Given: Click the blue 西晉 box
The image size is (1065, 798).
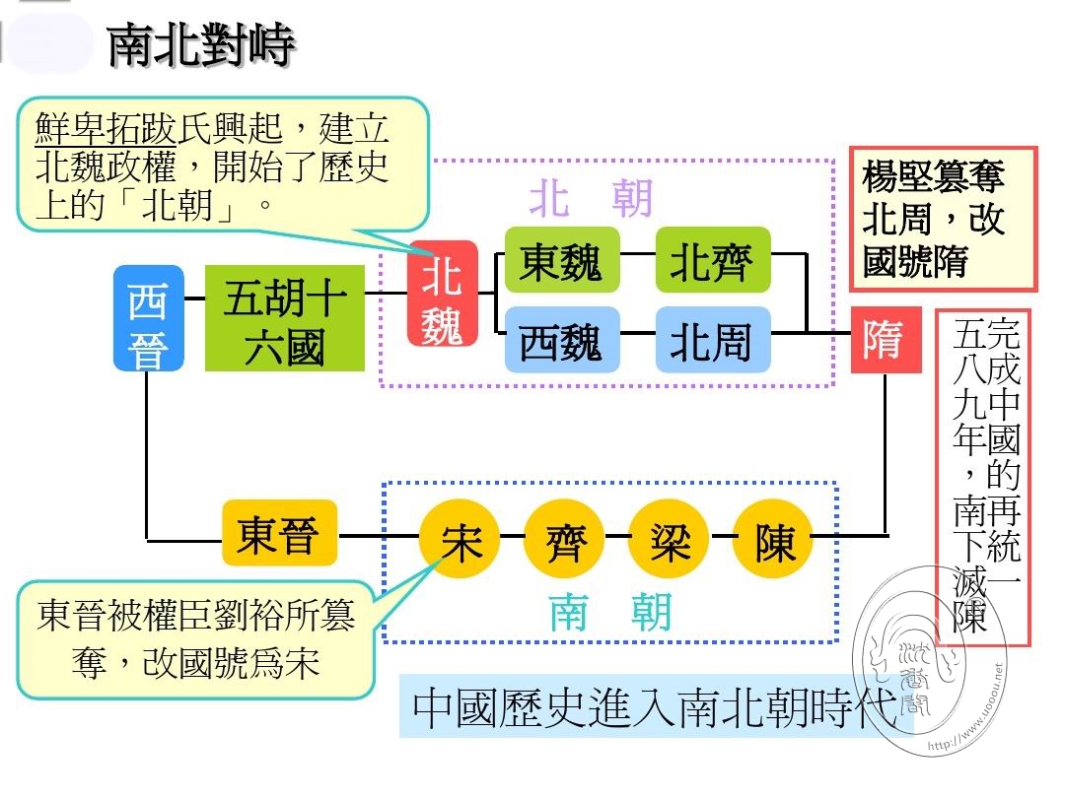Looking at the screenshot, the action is (149, 318).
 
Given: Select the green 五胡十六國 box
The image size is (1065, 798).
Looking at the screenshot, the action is (285, 318).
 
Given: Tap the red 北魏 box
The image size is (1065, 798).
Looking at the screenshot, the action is (442, 294).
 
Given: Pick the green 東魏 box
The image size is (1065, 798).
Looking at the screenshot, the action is (562, 260).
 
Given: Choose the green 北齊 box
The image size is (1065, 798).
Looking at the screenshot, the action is (713, 260).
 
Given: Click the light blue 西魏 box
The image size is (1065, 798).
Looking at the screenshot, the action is (562, 339).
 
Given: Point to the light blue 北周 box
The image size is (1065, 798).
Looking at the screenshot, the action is (713, 339).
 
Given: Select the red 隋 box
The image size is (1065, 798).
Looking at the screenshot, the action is (886, 339).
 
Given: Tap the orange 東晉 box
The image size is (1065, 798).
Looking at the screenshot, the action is (280, 533).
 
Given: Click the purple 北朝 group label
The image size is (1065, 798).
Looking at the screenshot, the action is (591, 198).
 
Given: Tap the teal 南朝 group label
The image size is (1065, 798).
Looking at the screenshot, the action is (610, 612).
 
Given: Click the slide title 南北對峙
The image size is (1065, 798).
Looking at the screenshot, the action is (201, 44).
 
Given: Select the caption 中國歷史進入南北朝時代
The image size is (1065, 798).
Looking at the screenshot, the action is (655, 707).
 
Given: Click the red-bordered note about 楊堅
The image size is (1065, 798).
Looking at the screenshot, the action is (944, 219).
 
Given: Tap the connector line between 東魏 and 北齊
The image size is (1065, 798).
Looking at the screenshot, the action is (638, 254).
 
